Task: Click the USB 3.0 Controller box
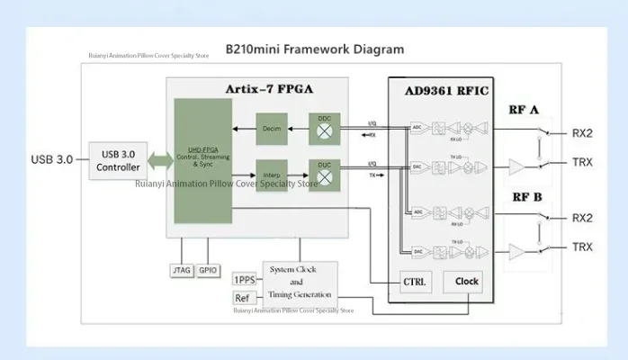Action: [118, 160]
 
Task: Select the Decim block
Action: [272, 128]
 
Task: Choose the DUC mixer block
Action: [325, 172]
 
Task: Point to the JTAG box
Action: [181, 270]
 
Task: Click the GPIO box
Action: [209, 270]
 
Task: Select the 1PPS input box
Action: [244, 279]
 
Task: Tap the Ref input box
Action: [242, 298]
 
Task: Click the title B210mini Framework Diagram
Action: [314, 49]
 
